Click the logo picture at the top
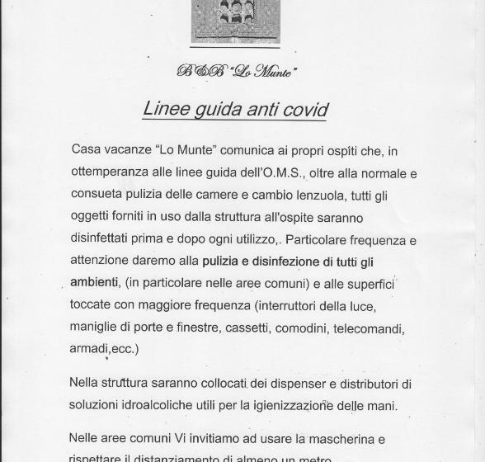coord(235,21)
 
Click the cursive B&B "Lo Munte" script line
coord(236,72)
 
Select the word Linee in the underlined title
coord(167,108)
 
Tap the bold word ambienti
coord(94,283)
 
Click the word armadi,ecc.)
coord(104,349)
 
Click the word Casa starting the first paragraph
coord(86,150)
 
